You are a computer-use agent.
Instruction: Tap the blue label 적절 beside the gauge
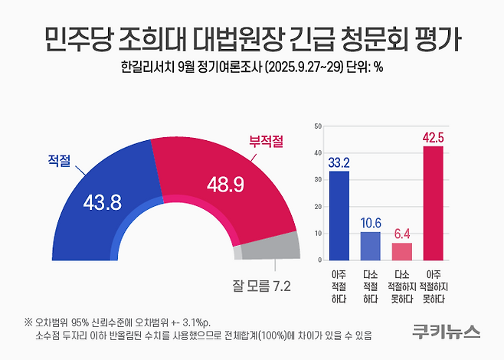coord(59,161)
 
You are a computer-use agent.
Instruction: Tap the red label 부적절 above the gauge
coord(265,141)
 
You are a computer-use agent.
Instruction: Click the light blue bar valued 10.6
coord(370,246)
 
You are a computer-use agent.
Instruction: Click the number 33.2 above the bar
coord(339,162)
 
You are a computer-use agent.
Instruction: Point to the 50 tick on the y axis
coord(319,125)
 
